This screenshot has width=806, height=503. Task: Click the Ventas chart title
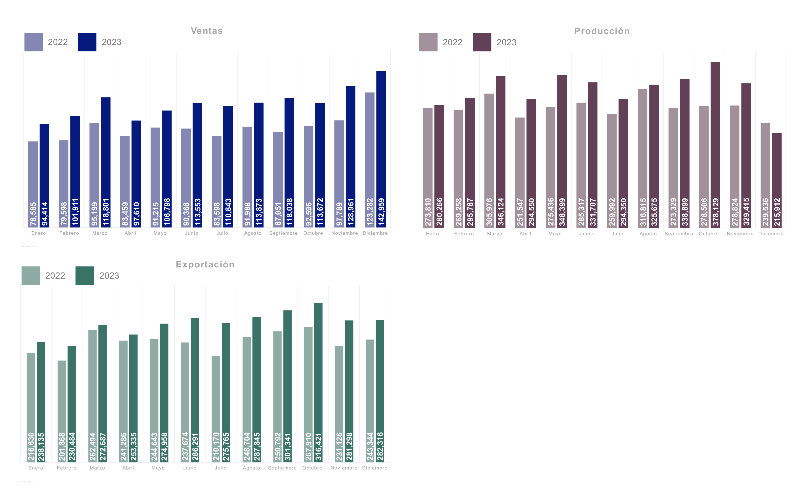click(x=207, y=31)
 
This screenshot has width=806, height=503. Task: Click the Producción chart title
click(x=601, y=31)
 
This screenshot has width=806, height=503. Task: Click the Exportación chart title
click(x=205, y=264)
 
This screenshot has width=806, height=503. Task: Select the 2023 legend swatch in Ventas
click(x=87, y=42)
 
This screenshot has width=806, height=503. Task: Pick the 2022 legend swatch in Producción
click(x=428, y=42)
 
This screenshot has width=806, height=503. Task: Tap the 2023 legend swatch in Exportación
click(x=85, y=276)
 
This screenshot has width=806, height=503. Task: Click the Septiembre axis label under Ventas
click(x=283, y=233)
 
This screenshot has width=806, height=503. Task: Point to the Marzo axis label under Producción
click(x=494, y=234)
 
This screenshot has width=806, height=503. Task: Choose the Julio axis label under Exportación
click(x=221, y=468)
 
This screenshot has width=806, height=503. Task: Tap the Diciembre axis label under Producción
click(x=771, y=234)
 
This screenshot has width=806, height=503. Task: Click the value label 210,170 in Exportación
click(x=216, y=447)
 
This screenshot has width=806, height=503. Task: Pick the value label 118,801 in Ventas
click(x=106, y=212)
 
